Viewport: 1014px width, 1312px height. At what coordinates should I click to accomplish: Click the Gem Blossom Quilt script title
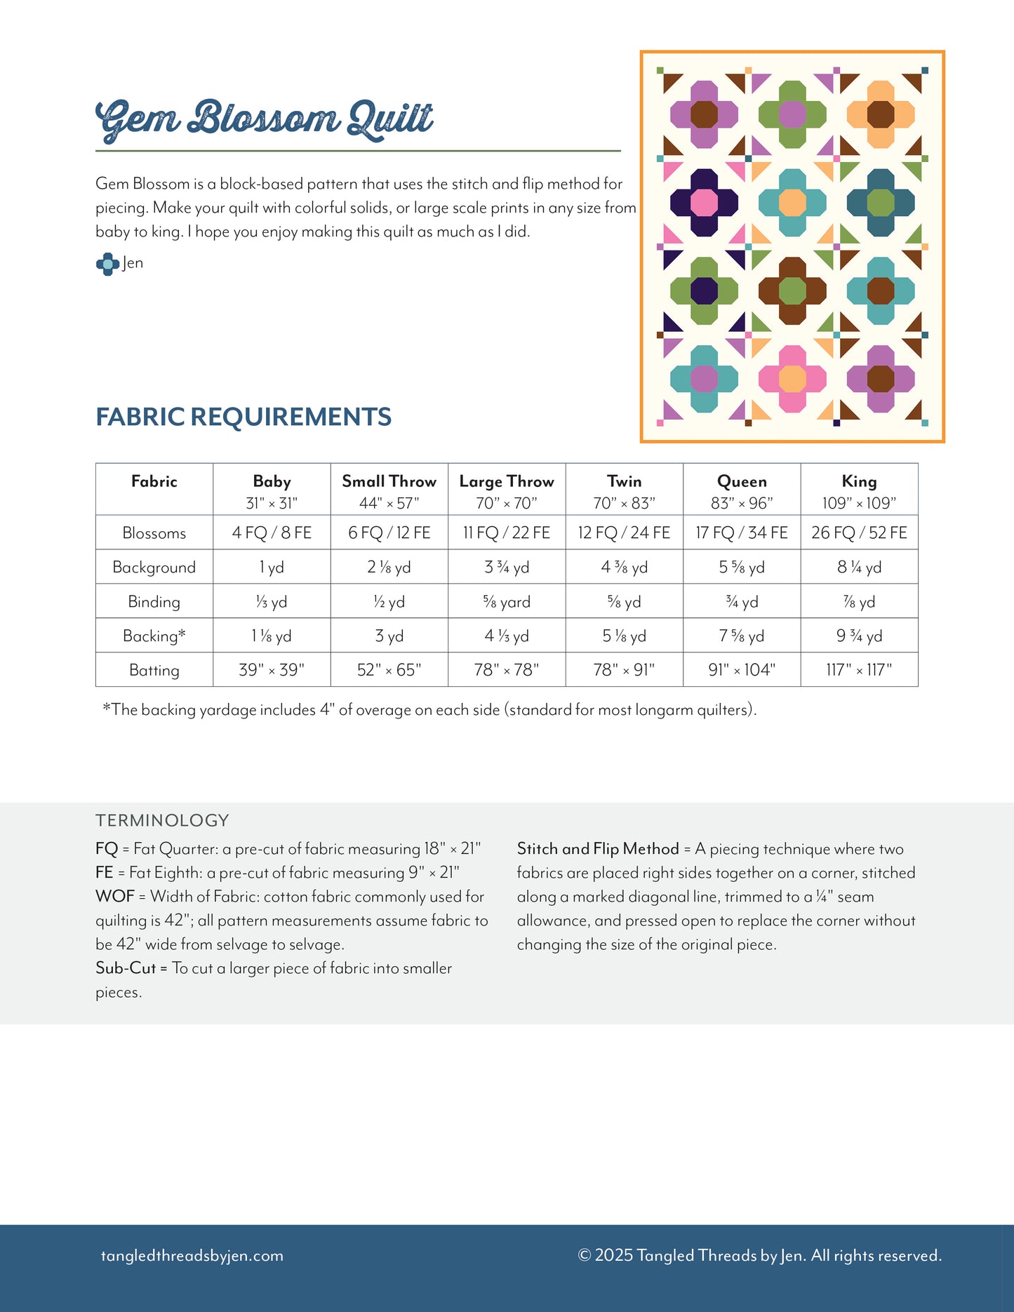tap(264, 119)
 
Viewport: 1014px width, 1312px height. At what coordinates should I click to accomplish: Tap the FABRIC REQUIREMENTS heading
tap(244, 417)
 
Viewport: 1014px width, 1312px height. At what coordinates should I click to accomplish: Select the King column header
tap(859, 482)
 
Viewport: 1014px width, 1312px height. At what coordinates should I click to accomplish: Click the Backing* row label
tap(154, 636)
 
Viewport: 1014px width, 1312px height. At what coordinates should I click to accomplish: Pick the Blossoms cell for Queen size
tap(742, 533)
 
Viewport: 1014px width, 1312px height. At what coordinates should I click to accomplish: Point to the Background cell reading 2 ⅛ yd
tap(389, 567)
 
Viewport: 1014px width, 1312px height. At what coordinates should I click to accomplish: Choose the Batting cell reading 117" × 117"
tap(859, 670)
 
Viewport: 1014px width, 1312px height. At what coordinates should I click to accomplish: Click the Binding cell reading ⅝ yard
tap(506, 602)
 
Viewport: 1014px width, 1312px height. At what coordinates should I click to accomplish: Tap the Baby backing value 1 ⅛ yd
tap(272, 636)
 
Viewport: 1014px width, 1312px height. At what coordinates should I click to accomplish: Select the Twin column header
tap(624, 482)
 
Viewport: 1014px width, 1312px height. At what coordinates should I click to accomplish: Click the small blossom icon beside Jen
tap(107, 264)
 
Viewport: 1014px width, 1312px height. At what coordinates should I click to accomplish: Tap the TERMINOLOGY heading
tap(162, 820)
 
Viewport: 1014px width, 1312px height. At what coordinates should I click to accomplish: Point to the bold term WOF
tap(114, 897)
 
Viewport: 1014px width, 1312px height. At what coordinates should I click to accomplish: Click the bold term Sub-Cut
tap(126, 968)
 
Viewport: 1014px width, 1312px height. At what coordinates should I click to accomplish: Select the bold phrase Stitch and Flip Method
tap(598, 849)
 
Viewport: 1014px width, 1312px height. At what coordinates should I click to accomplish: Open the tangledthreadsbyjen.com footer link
tap(192, 1256)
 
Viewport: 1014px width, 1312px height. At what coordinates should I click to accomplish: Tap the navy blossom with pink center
tap(704, 203)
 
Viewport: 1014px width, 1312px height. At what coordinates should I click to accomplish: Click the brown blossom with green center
tap(792, 290)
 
